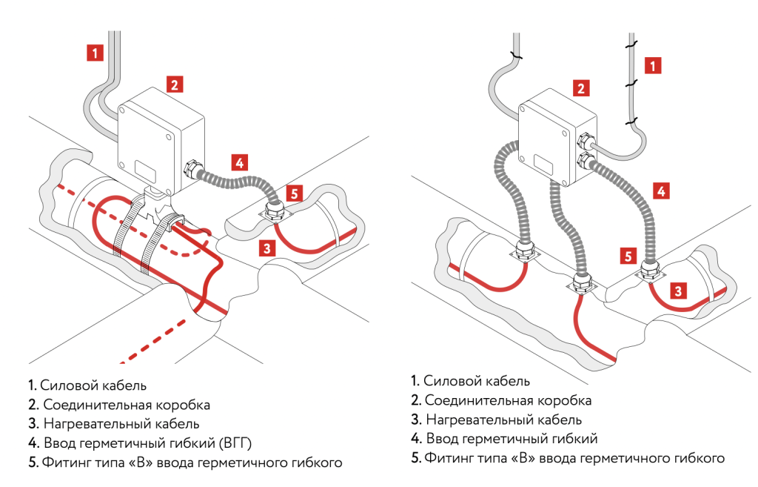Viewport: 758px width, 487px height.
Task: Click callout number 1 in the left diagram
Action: pos(94,53)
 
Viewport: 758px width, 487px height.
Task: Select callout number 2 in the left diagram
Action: pos(174,84)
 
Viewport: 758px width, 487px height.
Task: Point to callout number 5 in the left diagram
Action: pos(295,193)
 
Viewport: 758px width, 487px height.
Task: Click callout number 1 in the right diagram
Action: pos(652,65)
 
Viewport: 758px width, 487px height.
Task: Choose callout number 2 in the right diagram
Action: pos(582,89)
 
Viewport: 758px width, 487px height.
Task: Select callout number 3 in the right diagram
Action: pos(677,291)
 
